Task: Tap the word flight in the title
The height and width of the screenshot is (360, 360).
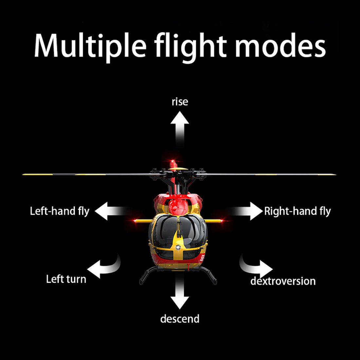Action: (190, 46)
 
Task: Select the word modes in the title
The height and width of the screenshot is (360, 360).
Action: (280, 46)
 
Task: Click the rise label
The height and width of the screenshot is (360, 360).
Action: (180, 102)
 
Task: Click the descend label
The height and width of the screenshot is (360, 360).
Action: (180, 318)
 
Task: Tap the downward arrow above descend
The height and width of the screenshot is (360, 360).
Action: (180, 293)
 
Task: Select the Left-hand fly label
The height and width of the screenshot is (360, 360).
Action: (60, 211)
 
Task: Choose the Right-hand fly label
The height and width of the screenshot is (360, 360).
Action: (297, 211)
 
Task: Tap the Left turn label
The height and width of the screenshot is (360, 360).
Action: (66, 279)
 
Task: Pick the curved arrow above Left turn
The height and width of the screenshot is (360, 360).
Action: (103, 266)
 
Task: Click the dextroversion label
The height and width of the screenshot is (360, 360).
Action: (283, 281)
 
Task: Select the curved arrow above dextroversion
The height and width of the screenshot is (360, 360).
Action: (257, 266)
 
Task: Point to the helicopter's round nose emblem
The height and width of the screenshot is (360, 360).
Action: (178, 247)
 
